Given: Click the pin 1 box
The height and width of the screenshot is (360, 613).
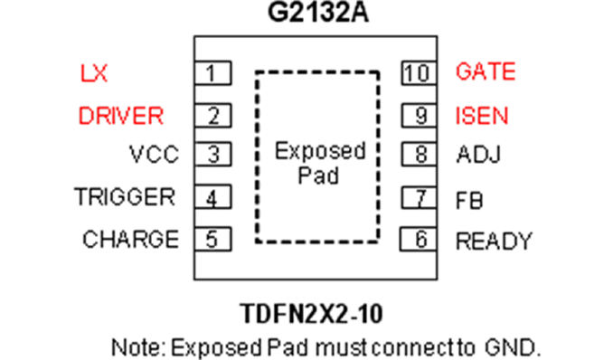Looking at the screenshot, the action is pyautogui.click(x=213, y=72).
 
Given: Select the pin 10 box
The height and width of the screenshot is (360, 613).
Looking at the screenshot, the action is pyautogui.click(x=420, y=72).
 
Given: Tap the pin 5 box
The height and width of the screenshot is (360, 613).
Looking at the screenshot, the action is pyautogui.click(x=213, y=239).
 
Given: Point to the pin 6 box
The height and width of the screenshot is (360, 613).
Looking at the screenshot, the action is pyautogui.click(x=419, y=239).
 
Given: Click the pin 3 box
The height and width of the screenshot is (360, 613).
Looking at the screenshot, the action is pyautogui.click(x=213, y=154).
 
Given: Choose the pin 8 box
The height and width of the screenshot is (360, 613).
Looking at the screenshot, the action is pyautogui.click(x=420, y=154).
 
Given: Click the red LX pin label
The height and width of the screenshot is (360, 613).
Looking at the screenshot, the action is pyautogui.click(x=93, y=73).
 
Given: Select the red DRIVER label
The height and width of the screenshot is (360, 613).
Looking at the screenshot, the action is pyautogui.click(x=121, y=116).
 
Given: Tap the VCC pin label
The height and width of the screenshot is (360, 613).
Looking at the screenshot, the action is pyautogui.click(x=154, y=154).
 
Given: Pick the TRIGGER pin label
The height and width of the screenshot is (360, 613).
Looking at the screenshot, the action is pyautogui.click(x=125, y=196).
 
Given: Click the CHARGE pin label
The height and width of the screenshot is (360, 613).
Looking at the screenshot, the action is pyautogui.click(x=130, y=239).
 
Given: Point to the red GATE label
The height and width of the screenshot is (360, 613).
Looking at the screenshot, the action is pyautogui.click(x=486, y=71).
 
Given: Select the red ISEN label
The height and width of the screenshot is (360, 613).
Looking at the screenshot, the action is pyautogui.click(x=482, y=116).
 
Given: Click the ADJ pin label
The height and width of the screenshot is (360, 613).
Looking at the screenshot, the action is pyautogui.click(x=478, y=154).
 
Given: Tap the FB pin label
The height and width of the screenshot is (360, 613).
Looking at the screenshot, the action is pyautogui.click(x=469, y=200).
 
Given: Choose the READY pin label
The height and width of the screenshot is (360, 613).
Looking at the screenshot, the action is pyautogui.click(x=495, y=241).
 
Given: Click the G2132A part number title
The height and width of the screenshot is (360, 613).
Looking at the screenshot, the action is pyautogui.click(x=318, y=12).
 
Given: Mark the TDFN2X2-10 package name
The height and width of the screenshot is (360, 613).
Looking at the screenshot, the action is pyautogui.click(x=311, y=314).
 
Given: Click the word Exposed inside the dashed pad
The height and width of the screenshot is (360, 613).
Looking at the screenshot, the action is pyautogui.click(x=320, y=151).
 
